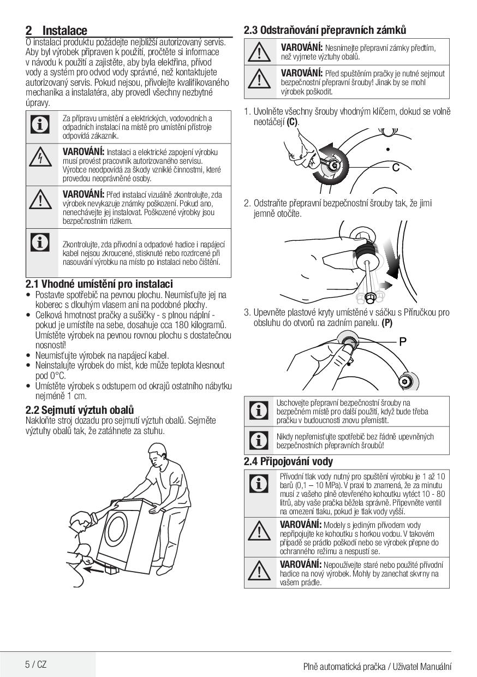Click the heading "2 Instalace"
pos(56,31)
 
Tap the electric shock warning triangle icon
pos(40,157)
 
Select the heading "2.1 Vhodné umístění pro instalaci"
pos(99,284)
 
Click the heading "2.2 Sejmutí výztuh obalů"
pos(80,410)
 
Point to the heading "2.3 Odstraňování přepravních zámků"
pos(325,30)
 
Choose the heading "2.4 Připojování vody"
pos(288,461)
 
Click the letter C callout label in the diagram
pos(396,167)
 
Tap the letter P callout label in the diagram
pos(403,342)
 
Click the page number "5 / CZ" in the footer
pos(35,664)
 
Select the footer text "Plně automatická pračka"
pos(344,667)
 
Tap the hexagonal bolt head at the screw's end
pos(370,298)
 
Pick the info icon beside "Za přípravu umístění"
pos(40,124)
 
